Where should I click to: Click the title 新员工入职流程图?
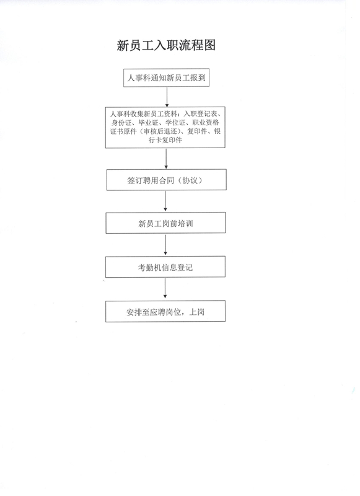pyautogui.click(x=166, y=45)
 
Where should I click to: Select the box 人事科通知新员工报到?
pyautogui.click(x=166, y=78)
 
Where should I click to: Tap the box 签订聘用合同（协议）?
pyautogui.click(x=166, y=180)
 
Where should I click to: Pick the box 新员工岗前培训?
pyautogui.click(x=165, y=223)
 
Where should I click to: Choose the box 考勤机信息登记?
pyautogui.click(x=165, y=267)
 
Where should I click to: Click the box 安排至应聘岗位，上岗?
pyautogui.click(x=165, y=311)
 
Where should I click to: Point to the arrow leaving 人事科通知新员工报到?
pyautogui.click(x=167, y=97)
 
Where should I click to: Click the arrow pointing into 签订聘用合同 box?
pyautogui.click(x=166, y=159)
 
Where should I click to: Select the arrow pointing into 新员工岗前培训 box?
pyautogui.click(x=165, y=201)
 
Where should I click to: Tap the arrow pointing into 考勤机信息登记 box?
pyautogui.click(x=165, y=245)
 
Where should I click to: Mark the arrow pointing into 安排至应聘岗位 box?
pyautogui.click(x=165, y=289)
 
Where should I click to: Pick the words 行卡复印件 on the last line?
pyautogui.click(x=165, y=140)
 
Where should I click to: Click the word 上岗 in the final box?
pyautogui.click(x=196, y=312)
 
